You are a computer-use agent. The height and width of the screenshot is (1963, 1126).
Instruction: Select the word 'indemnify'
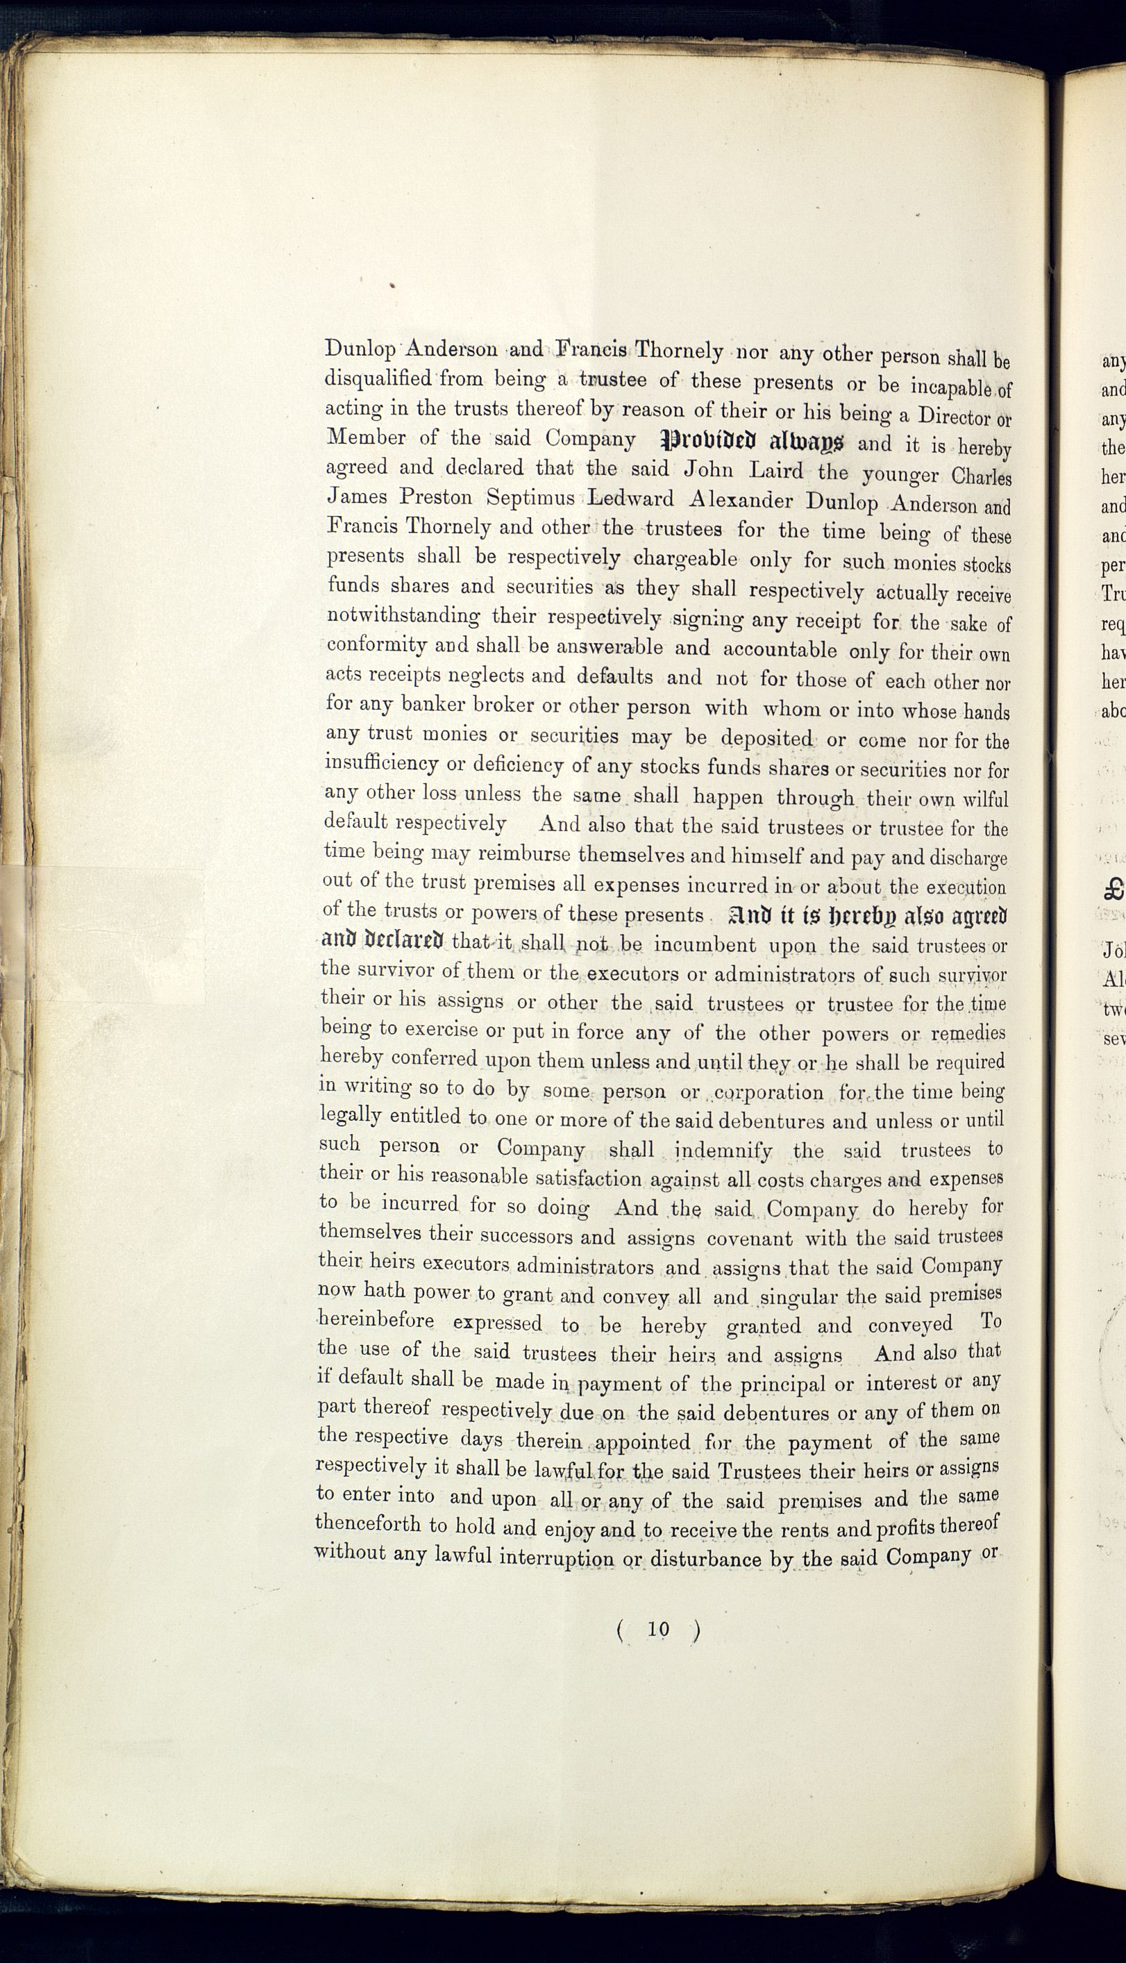pyautogui.click(x=724, y=1150)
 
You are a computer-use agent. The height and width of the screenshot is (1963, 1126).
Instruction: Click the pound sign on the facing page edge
pyautogui.click(x=1114, y=889)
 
